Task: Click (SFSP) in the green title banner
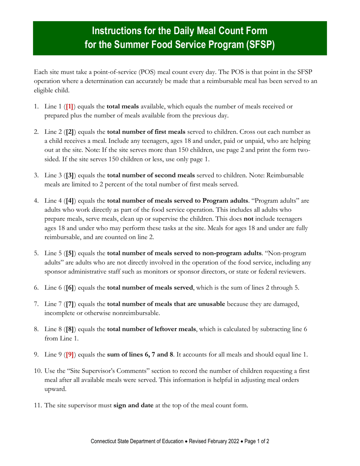tap(256, 44)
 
